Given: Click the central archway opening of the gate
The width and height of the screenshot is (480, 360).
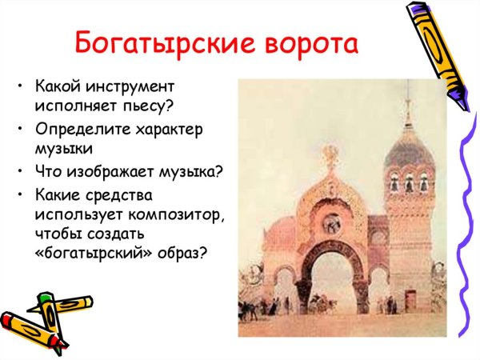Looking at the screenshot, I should [332, 280].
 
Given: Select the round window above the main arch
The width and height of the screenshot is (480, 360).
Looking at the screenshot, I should [330, 218].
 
